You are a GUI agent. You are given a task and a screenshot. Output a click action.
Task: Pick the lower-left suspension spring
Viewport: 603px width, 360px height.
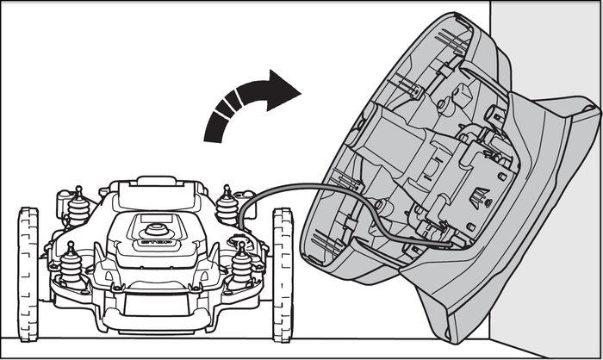point(68,262)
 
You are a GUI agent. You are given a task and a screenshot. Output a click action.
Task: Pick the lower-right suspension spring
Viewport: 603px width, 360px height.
point(242,264)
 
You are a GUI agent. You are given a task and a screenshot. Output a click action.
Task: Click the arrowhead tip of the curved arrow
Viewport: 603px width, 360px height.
point(298,90)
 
